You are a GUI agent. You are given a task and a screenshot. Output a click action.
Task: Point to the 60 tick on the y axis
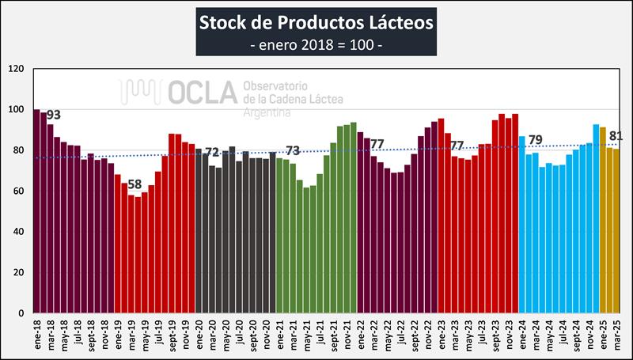21,191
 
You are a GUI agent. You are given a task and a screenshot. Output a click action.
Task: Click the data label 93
54,115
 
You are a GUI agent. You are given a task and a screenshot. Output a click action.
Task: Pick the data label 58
135,185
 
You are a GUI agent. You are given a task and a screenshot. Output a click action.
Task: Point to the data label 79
536,141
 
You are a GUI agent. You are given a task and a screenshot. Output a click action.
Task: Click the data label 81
617,135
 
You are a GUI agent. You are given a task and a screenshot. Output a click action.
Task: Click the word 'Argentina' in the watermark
268,113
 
